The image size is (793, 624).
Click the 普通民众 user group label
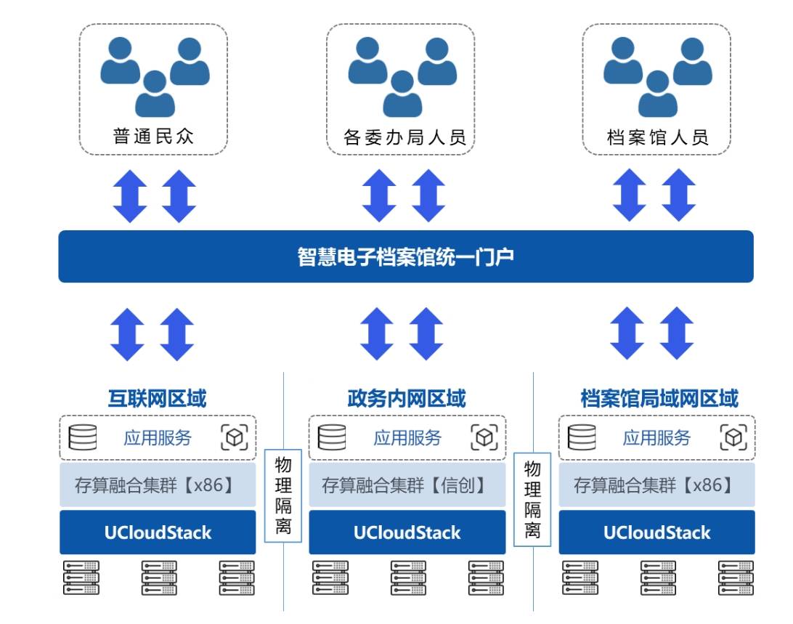pyautogui.click(x=153, y=136)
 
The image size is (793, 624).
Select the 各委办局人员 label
pyautogui.click(x=404, y=137)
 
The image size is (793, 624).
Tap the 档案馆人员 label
pyautogui.click(x=657, y=137)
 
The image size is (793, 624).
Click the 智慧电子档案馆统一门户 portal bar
pyautogui.click(x=405, y=256)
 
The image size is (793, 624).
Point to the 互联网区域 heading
pyautogui.click(x=157, y=399)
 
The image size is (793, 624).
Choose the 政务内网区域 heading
pyautogui.click(x=407, y=399)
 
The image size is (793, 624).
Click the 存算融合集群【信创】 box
pyautogui.click(x=407, y=485)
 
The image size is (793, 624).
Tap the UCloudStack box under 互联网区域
pyautogui.click(x=157, y=532)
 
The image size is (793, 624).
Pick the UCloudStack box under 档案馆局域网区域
pyautogui.click(x=656, y=532)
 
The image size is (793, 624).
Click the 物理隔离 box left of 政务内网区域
pyautogui.click(x=283, y=496)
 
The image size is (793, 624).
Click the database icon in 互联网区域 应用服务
pyautogui.click(x=82, y=437)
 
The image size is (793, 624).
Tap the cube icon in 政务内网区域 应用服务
pyautogui.click(x=484, y=437)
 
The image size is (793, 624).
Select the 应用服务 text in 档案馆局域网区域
pyautogui.click(x=656, y=437)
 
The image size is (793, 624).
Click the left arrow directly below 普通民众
pyautogui.click(x=130, y=195)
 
